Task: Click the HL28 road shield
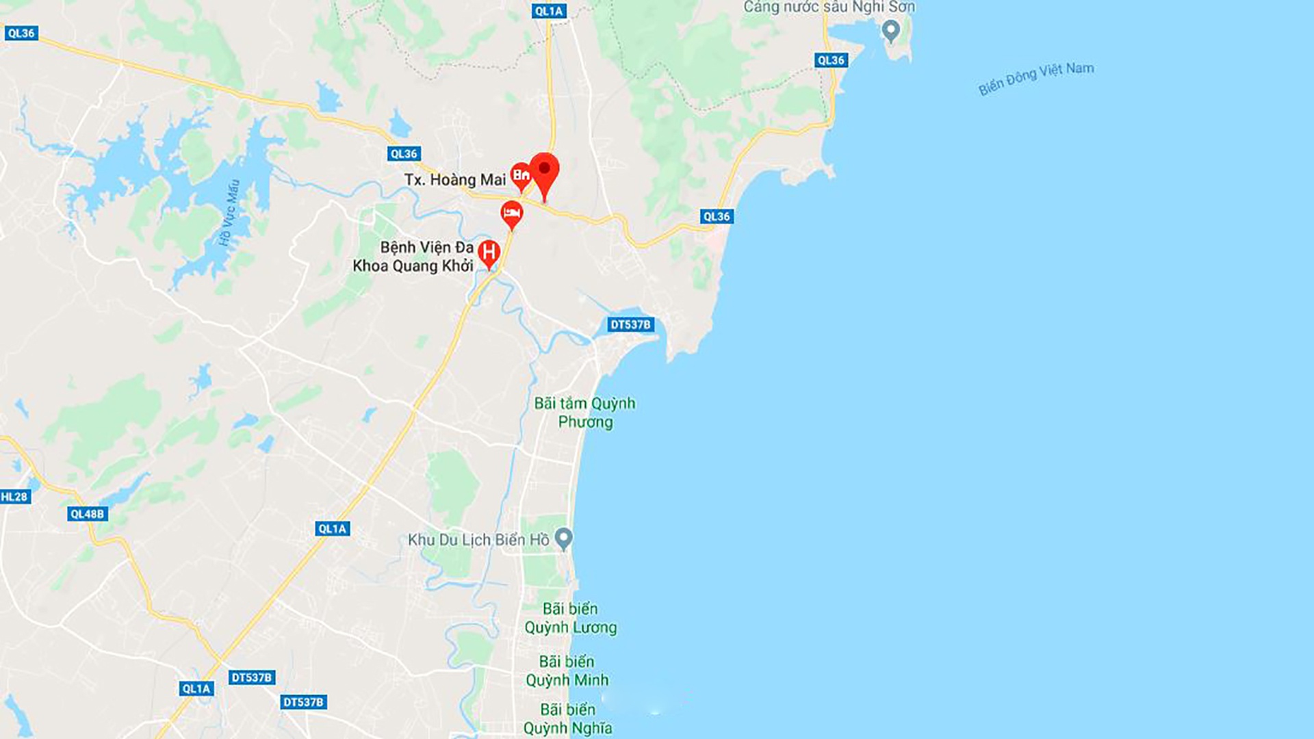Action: click(14, 497)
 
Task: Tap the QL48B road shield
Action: click(88, 514)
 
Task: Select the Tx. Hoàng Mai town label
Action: click(454, 180)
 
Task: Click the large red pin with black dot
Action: click(545, 172)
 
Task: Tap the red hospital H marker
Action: click(489, 253)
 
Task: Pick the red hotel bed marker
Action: click(511, 214)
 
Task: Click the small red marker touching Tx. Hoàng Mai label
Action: click(521, 176)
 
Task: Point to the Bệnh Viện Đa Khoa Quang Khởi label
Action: click(413, 257)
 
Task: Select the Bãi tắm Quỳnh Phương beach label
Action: click(585, 413)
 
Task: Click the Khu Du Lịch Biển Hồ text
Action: click(478, 540)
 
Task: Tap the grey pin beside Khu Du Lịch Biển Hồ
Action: click(563, 539)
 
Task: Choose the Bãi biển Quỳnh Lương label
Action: click(571, 618)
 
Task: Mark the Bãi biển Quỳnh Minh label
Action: click(567, 671)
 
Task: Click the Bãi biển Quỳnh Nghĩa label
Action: click(568, 718)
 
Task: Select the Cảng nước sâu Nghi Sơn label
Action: click(829, 7)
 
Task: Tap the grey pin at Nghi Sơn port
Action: click(890, 30)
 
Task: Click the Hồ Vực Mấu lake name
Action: click(229, 212)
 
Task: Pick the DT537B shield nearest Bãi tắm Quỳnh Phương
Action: click(630, 324)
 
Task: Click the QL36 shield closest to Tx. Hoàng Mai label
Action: click(404, 154)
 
